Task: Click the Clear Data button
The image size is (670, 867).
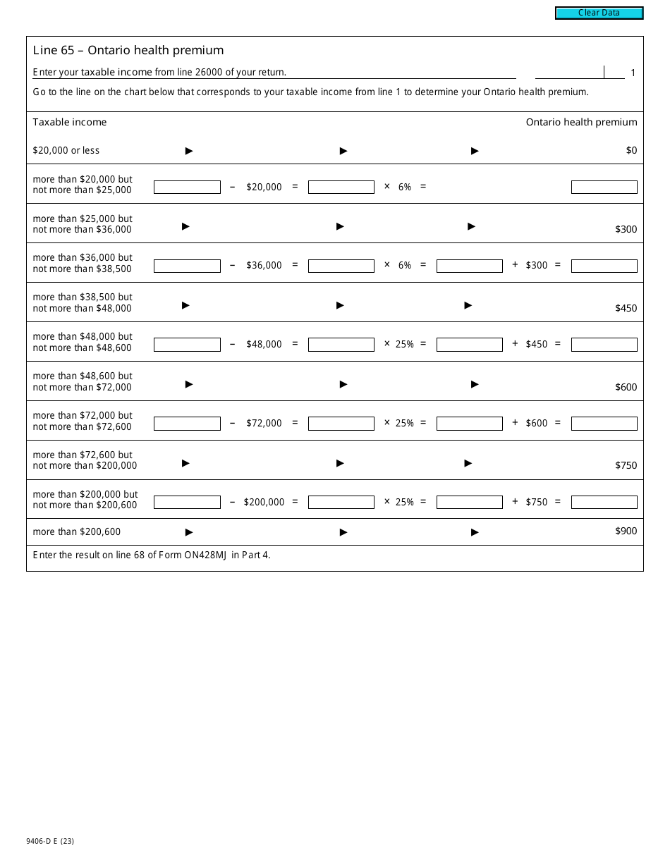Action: (x=599, y=13)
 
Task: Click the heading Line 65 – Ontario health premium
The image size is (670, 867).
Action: (x=128, y=50)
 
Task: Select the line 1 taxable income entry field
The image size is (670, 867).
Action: (x=569, y=72)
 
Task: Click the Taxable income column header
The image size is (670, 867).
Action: (x=70, y=122)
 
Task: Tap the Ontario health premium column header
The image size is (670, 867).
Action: (x=581, y=122)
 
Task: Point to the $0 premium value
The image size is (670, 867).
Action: (x=631, y=150)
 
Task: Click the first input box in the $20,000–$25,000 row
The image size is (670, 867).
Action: (x=187, y=187)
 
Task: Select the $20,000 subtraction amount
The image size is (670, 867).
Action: (x=264, y=187)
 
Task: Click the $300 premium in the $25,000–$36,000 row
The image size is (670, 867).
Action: (x=626, y=229)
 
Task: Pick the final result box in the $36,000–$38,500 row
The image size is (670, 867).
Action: (x=604, y=266)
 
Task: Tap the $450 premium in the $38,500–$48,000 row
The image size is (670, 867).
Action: (x=626, y=308)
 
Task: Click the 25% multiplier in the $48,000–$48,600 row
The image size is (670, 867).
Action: (x=404, y=345)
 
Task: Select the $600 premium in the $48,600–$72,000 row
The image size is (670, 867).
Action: (x=626, y=387)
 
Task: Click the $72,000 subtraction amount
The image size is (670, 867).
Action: (x=264, y=424)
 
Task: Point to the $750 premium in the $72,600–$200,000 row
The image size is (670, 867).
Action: (x=626, y=465)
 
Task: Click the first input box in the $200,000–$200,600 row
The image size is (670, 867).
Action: (x=187, y=503)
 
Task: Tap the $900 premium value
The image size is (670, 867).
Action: (x=626, y=531)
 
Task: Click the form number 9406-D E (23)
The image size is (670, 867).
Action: (x=53, y=840)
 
